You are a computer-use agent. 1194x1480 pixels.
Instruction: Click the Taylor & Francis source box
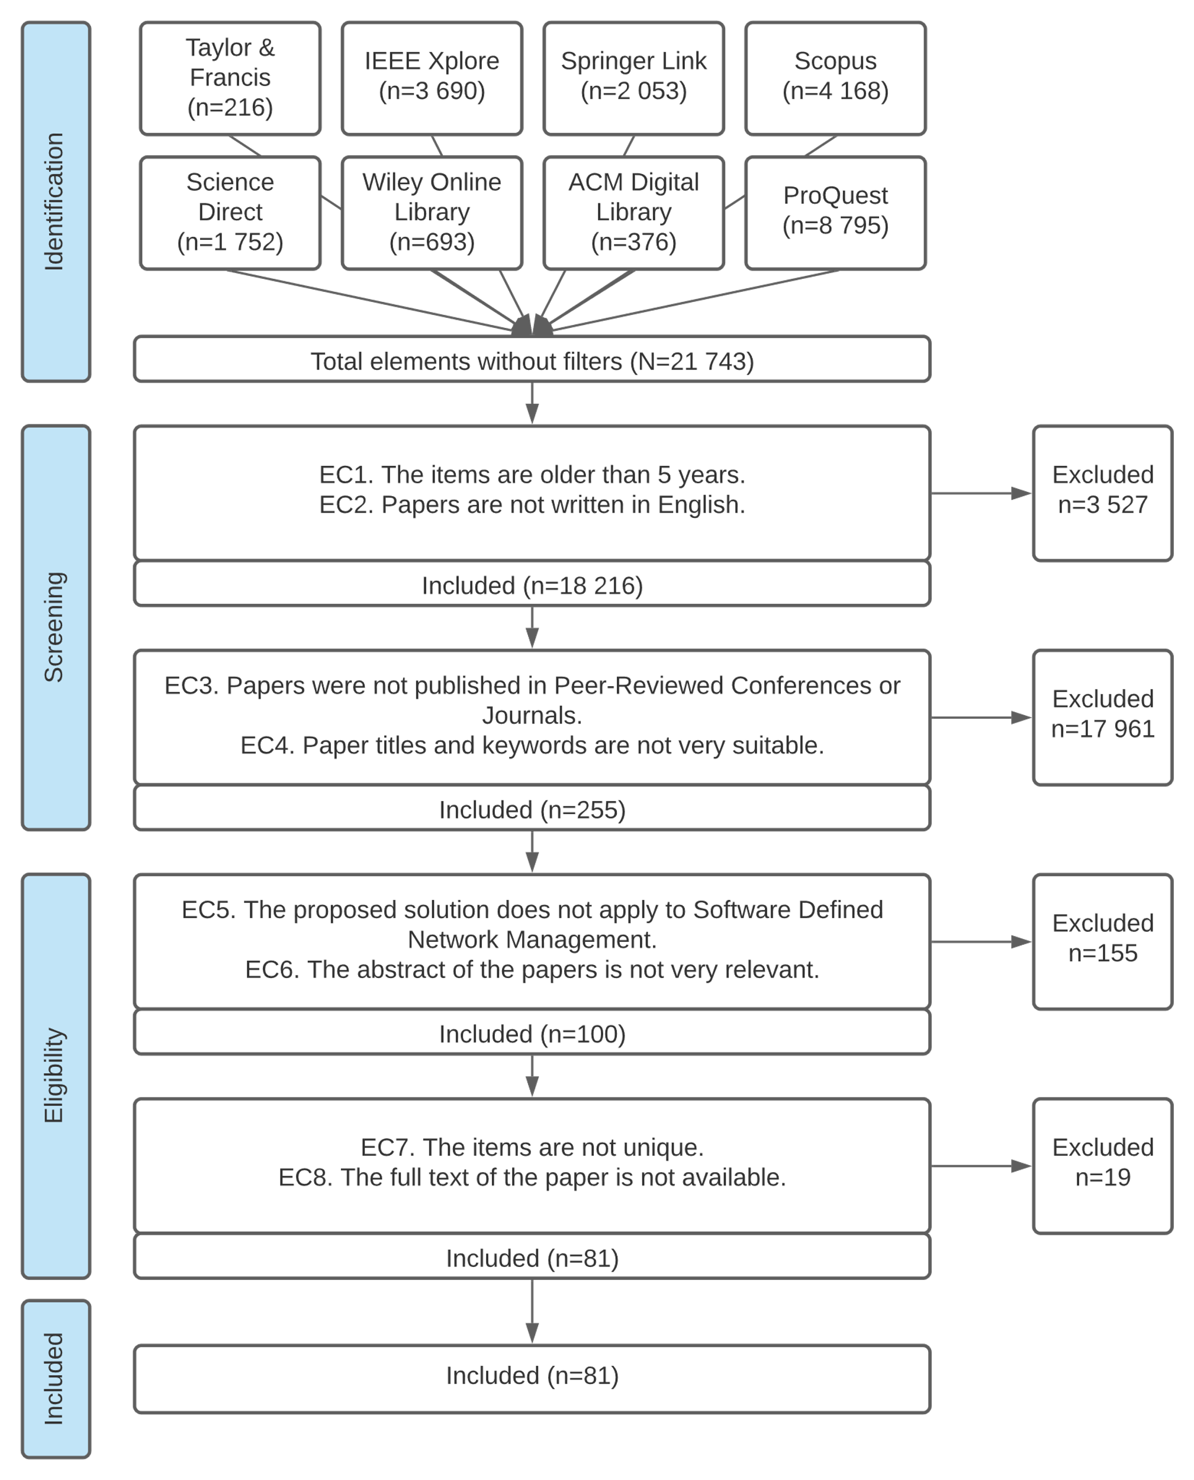(x=230, y=78)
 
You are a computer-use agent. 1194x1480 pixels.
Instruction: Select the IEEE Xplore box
(x=432, y=78)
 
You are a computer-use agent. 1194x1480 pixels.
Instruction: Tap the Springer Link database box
(x=633, y=78)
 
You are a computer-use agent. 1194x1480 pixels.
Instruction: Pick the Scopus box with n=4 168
(x=836, y=78)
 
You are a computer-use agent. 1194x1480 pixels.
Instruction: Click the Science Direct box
(x=230, y=213)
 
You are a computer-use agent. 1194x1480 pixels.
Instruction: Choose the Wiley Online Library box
(x=432, y=213)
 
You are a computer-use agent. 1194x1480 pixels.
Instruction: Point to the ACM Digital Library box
(x=633, y=213)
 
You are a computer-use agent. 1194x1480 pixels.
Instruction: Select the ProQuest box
(x=836, y=213)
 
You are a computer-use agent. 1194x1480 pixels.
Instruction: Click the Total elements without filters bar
(x=532, y=359)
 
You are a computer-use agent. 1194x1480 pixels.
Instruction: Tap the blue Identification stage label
(x=56, y=201)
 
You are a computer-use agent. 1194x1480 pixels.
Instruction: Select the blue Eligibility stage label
(x=56, y=1076)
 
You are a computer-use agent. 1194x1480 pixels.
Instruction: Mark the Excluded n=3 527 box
(x=1102, y=493)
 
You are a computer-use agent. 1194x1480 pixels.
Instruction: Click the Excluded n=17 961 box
(x=1102, y=718)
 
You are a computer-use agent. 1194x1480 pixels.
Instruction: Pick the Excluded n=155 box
(x=1102, y=941)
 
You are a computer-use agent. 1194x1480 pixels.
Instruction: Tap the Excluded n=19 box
(x=1102, y=1166)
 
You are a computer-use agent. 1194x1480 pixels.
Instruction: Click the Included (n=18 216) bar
(x=532, y=584)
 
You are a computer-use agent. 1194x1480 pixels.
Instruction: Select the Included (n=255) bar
(x=532, y=808)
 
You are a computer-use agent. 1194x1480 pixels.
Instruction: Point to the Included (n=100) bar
(x=532, y=1032)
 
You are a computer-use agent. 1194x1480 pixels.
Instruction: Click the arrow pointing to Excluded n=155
(x=981, y=941)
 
